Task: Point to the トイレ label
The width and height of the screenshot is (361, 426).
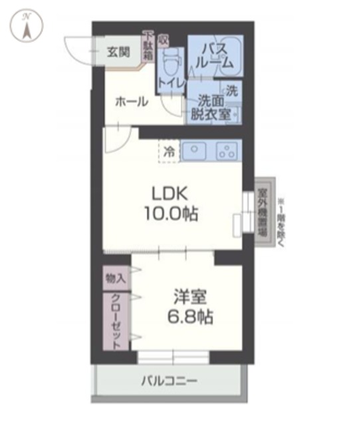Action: [x=171, y=84]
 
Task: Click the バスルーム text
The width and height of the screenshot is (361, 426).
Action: [x=213, y=57]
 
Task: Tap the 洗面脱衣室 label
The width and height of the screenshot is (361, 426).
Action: [x=211, y=107]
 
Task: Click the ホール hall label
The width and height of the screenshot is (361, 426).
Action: [x=132, y=101]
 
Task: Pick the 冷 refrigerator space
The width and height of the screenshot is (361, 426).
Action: [x=170, y=151]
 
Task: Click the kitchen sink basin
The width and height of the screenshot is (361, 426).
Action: [x=195, y=151]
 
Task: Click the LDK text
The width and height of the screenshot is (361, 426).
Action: [x=172, y=194]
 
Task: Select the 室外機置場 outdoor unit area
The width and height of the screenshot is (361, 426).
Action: [x=264, y=212]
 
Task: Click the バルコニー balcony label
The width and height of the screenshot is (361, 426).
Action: [x=168, y=381]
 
